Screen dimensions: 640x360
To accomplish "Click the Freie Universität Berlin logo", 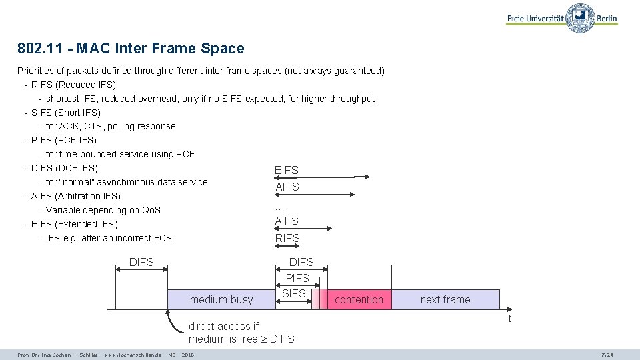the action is (x=561, y=18).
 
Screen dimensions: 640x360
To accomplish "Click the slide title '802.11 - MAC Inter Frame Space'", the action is (x=131, y=49).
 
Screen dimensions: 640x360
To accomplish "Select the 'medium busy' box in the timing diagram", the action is (x=221, y=300).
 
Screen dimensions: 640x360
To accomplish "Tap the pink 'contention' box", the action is (x=359, y=300).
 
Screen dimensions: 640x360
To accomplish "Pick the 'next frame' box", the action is (x=445, y=300).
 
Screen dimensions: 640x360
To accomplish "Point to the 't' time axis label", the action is (x=510, y=319).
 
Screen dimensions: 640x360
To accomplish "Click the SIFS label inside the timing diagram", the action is (x=294, y=293).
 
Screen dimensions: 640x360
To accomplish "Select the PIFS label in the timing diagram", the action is (x=297, y=278).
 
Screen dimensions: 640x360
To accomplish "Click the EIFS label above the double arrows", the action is (x=287, y=171).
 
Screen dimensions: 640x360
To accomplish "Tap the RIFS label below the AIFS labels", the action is (x=287, y=238).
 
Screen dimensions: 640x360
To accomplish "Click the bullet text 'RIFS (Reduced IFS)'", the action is (x=73, y=85).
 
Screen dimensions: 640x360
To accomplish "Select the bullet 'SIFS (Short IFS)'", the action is (x=66, y=113).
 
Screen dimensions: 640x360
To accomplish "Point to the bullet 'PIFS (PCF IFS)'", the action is (x=64, y=140).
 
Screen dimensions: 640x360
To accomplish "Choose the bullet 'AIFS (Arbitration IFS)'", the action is (x=76, y=196).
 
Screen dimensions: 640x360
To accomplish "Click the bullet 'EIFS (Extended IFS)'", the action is (x=75, y=224).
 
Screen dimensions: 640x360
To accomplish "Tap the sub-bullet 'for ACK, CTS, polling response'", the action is (x=111, y=126).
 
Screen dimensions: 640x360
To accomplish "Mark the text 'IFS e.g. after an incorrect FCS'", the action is (x=109, y=238).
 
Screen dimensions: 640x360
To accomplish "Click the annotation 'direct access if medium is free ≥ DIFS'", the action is (x=241, y=333).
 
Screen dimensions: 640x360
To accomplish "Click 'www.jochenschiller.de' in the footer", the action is (x=133, y=355).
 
